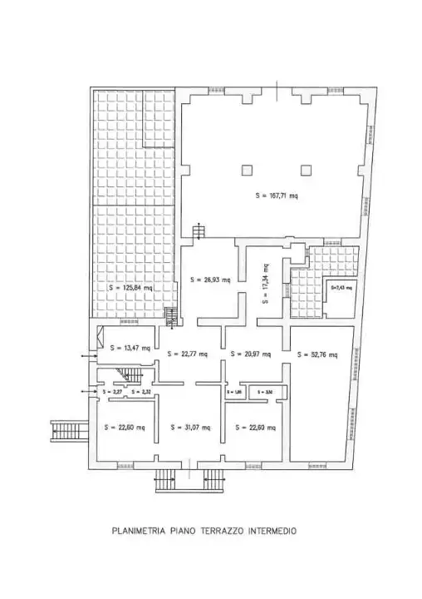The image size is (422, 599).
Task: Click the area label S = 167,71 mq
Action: (277, 196)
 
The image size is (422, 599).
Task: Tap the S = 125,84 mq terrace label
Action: (131, 288)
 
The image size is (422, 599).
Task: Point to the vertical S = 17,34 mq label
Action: (265, 285)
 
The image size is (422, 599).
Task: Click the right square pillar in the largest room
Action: (307, 170)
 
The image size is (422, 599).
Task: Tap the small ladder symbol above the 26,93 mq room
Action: (198, 232)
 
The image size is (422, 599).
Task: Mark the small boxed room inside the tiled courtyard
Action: (340, 293)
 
